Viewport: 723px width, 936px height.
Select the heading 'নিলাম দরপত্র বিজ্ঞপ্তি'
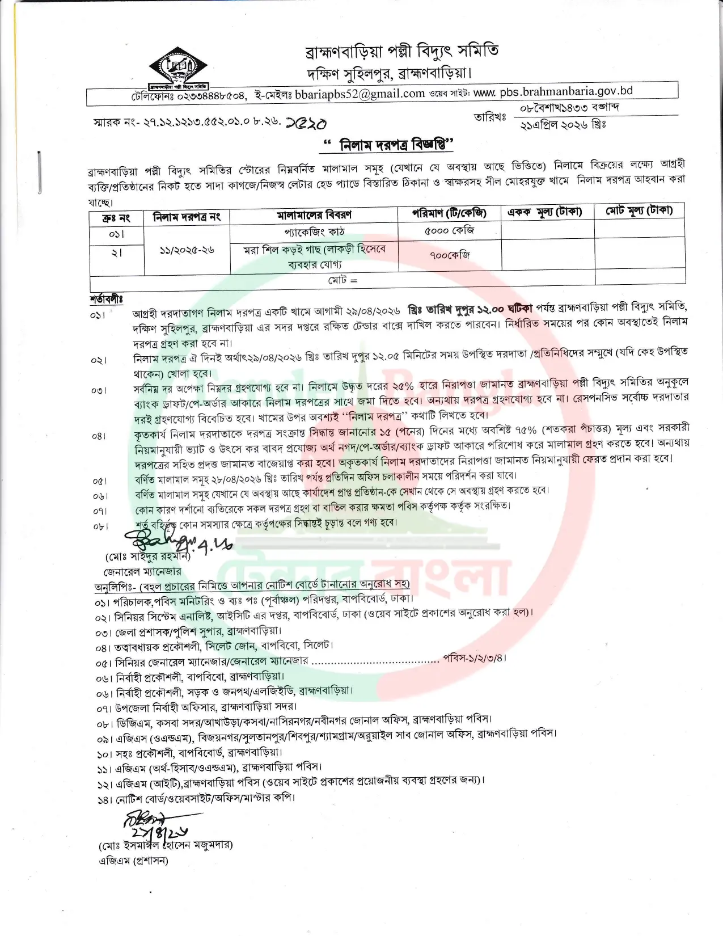click(x=388, y=145)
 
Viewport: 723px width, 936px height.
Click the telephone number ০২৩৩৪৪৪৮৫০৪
click(x=209, y=96)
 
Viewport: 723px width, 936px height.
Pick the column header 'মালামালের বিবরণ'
click(x=314, y=215)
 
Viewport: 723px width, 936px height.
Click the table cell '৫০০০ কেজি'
click(x=449, y=230)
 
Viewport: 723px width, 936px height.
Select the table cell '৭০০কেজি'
click(x=450, y=255)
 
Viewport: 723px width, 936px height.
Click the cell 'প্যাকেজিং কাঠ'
click(x=314, y=232)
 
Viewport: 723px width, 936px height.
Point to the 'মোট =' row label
click(x=343, y=280)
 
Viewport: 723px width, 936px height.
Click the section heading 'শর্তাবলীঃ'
click(x=107, y=298)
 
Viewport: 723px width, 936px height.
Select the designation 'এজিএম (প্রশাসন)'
click(x=133, y=861)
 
